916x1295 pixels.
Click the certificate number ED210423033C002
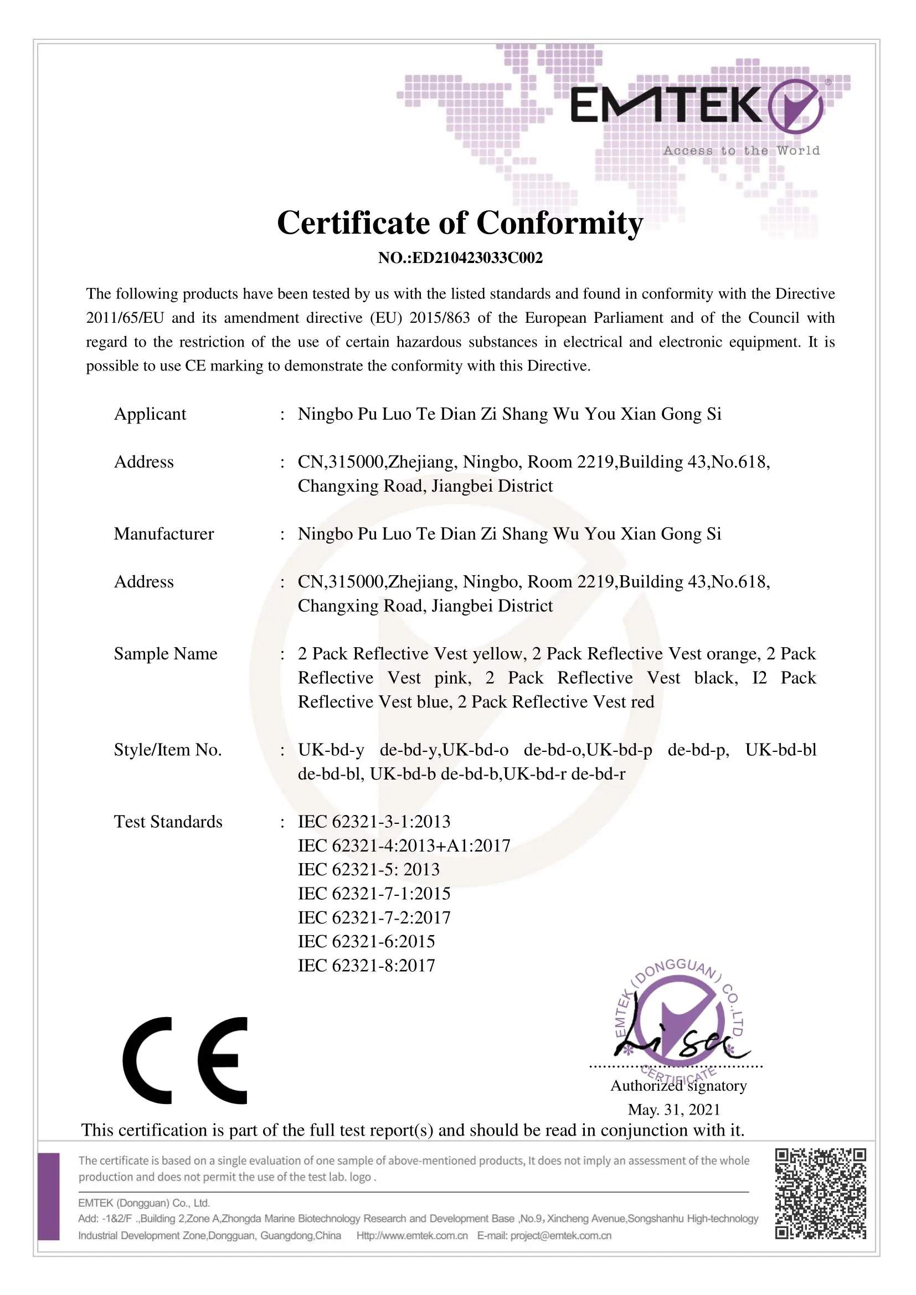(x=460, y=258)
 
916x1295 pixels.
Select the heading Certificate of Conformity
(x=460, y=223)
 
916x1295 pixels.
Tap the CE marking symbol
(x=185, y=1060)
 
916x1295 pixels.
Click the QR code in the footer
(x=820, y=1193)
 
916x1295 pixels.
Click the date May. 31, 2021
(x=674, y=1110)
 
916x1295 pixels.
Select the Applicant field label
(x=150, y=414)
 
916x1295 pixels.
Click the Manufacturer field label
(x=163, y=534)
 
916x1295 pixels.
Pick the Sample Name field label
(x=165, y=654)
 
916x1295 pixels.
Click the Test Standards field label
(x=168, y=821)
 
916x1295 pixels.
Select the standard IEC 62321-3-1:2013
(x=374, y=821)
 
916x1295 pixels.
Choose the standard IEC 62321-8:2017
(x=367, y=965)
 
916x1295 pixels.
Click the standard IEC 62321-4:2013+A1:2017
(x=404, y=845)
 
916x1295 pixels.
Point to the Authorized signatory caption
(x=678, y=1086)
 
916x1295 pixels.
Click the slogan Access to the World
(x=741, y=151)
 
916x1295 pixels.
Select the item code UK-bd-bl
(x=781, y=750)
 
